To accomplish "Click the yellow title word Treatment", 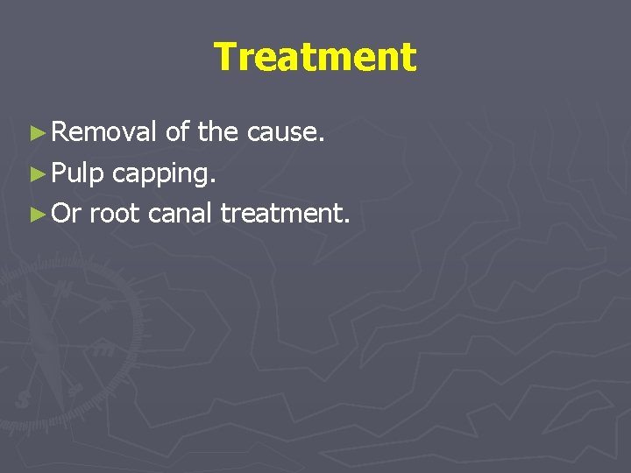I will click(x=315, y=58).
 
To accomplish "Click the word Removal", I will click(x=104, y=133).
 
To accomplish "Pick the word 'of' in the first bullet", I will click(x=177, y=133).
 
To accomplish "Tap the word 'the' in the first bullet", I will click(x=218, y=133).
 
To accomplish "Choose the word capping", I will click(x=164, y=174).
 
